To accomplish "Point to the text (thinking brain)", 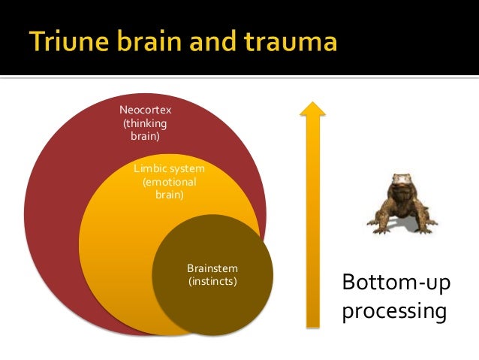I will coord(145,130).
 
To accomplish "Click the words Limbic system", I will coord(169,168).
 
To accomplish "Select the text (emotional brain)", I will coord(169,188).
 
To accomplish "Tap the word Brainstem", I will coord(212,268).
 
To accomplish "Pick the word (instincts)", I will coord(212,282).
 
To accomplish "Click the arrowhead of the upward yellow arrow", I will coord(312,109).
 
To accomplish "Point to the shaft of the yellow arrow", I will coord(312,225).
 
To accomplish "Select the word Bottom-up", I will coord(391,283).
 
